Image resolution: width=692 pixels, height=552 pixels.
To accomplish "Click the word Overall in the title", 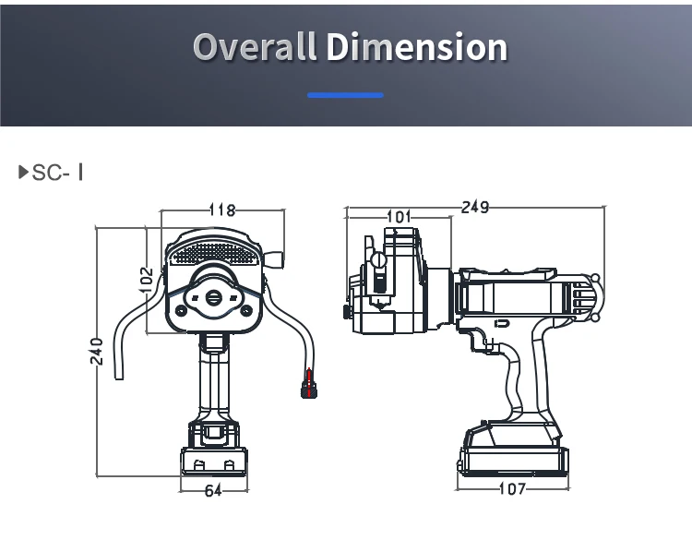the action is pyautogui.click(x=255, y=46).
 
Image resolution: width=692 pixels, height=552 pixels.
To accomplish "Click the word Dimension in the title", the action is pyautogui.click(x=417, y=46).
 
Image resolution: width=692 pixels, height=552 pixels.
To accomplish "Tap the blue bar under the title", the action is pyautogui.click(x=346, y=95).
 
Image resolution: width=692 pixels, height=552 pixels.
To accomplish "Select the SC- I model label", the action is pyautogui.click(x=57, y=173).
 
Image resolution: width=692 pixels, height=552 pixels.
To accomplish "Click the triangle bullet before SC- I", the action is pyautogui.click(x=23, y=172).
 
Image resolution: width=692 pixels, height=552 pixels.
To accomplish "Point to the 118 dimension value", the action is pyautogui.click(x=222, y=210).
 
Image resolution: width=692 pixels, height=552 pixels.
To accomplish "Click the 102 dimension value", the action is pyautogui.click(x=146, y=280).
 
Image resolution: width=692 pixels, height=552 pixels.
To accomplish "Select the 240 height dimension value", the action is pyautogui.click(x=97, y=352).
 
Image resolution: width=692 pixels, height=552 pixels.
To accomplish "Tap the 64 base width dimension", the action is pyautogui.click(x=213, y=491).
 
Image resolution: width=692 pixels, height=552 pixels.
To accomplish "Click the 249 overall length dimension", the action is pyautogui.click(x=475, y=207).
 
